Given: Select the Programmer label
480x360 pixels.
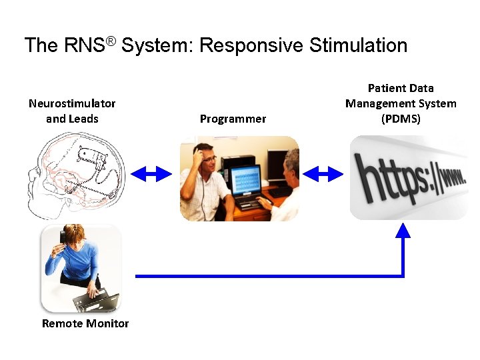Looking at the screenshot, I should [233, 119].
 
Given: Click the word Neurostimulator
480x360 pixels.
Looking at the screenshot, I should [72, 103].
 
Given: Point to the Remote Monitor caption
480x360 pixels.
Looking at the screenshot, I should [85, 323].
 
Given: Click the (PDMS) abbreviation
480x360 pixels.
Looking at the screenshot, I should [401, 119].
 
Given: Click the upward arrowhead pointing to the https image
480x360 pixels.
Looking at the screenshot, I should [403, 231].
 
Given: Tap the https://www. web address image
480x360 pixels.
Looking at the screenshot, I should [409, 177].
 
